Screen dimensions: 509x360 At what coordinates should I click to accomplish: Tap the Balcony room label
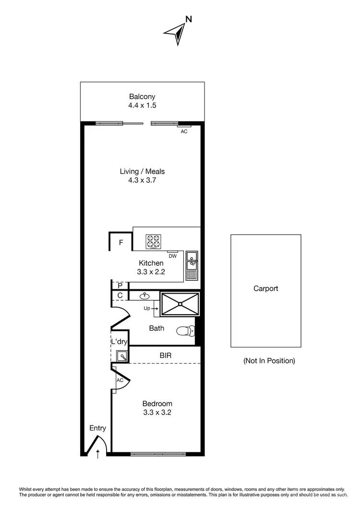(142, 96)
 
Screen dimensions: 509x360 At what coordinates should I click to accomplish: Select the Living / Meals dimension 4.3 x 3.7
(143, 181)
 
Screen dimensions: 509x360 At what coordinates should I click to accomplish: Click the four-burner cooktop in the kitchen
(154, 241)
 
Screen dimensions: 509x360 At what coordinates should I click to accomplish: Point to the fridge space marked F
(121, 243)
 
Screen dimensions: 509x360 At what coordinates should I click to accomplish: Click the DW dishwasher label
(173, 256)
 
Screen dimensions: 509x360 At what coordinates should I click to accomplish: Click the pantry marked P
(120, 285)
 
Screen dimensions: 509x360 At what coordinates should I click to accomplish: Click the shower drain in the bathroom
(180, 304)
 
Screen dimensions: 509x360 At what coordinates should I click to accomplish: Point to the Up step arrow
(151, 309)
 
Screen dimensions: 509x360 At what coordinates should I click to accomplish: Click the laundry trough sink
(122, 356)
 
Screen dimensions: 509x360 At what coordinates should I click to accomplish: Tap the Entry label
(97, 428)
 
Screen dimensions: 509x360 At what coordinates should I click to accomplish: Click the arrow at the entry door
(98, 453)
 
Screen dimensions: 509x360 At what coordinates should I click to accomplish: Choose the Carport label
(265, 289)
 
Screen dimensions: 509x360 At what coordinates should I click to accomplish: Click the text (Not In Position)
(269, 361)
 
